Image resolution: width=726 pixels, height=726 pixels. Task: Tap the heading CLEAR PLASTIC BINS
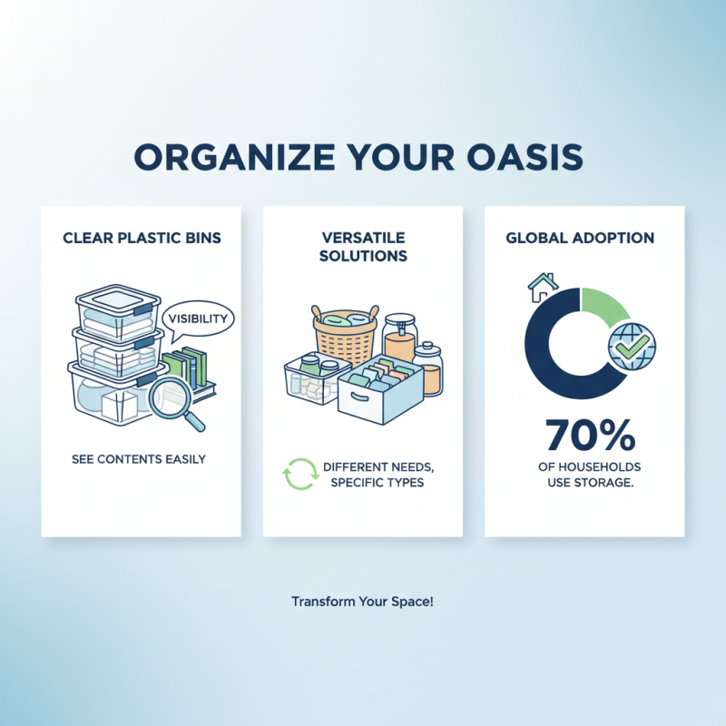[142, 239]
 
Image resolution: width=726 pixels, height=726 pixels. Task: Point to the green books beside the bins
[188, 365]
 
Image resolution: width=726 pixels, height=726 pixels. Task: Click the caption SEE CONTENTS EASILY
[139, 459]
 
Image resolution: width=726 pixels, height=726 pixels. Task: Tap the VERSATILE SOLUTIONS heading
[363, 247]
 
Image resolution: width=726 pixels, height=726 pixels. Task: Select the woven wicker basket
[345, 332]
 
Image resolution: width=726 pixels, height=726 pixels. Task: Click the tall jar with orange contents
[399, 340]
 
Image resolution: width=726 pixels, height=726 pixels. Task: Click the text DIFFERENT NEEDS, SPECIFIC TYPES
[379, 475]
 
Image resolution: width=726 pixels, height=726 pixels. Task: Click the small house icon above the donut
[541, 286]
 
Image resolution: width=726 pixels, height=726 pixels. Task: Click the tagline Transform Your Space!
[363, 602]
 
